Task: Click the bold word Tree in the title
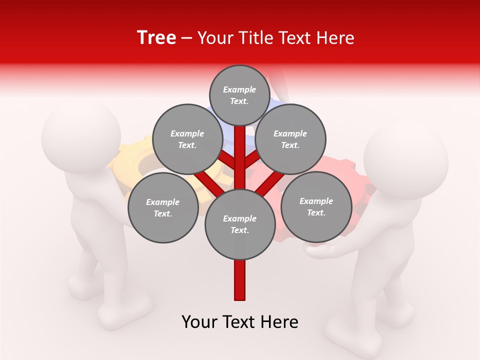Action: click(x=156, y=38)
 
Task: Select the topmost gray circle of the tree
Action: click(x=239, y=95)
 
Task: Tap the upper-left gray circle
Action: click(x=187, y=139)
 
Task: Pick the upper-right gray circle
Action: click(x=290, y=139)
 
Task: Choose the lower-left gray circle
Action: click(x=163, y=207)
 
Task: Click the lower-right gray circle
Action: click(x=316, y=206)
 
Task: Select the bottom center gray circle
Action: click(x=240, y=224)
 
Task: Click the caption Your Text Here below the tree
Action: click(x=240, y=322)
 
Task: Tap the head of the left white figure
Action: click(x=81, y=135)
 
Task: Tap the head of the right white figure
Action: click(x=405, y=159)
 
